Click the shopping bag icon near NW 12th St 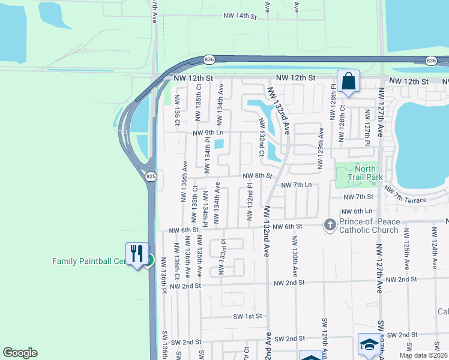tap(348, 81)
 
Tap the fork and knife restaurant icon tap(137, 253)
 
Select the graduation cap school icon tap(369, 344)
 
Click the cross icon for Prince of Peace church tap(329, 224)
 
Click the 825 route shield tap(151, 176)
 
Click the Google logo tap(20, 353)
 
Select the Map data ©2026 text tap(423, 355)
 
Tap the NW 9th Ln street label tap(208, 133)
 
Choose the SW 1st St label tap(248, 316)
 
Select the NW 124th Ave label tap(435, 254)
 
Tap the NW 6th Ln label tap(357, 212)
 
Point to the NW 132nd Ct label tap(262, 138)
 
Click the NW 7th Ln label tap(297, 185)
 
